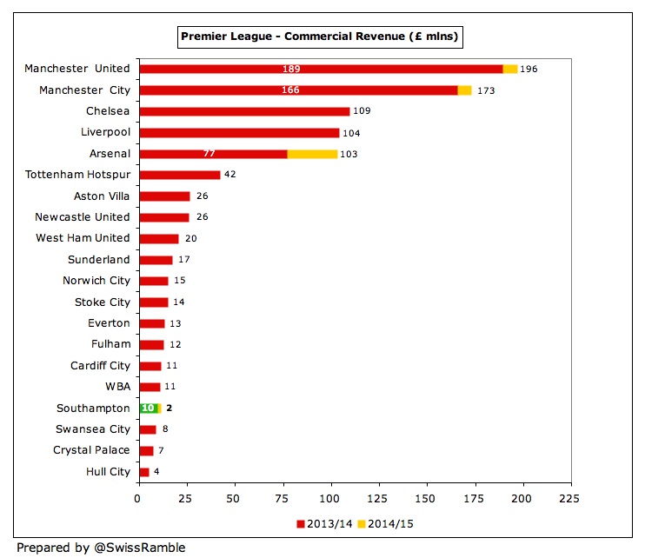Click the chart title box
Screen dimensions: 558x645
pyautogui.click(x=320, y=37)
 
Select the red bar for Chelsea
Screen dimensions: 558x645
pyautogui.click(x=243, y=111)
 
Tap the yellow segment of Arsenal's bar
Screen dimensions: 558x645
pyautogui.click(x=312, y=154)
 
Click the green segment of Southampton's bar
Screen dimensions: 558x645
pyautogui.click(x=147, y=408)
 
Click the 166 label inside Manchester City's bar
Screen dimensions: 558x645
pyautogui.click(x=291, y=90)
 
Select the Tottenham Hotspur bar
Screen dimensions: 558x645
pyautogui.click(x=179, y=175)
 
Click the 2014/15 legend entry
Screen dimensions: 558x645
pyautogui.click(x=387, y=524)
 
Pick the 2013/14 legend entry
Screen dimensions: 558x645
pyautogui.click(x=326, y=524)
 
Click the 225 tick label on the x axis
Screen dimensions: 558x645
pyautogui.click(x=569, y=499)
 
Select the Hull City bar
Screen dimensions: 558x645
pyautogui.click(x=143, y=472)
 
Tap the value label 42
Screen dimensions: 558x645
pyautogui.click(x=230, y=175)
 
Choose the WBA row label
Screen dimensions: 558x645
pyautogui.click(x=116, y=387)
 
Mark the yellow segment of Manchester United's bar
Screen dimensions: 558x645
pyautogui.click(x=510, y=69)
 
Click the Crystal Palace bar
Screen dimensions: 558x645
pyautogui.click(x=146, y=450)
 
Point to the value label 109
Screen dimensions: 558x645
pyautogui.click(x=363, y=111)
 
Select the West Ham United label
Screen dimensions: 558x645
pyautogui.click(x=83, y=238)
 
